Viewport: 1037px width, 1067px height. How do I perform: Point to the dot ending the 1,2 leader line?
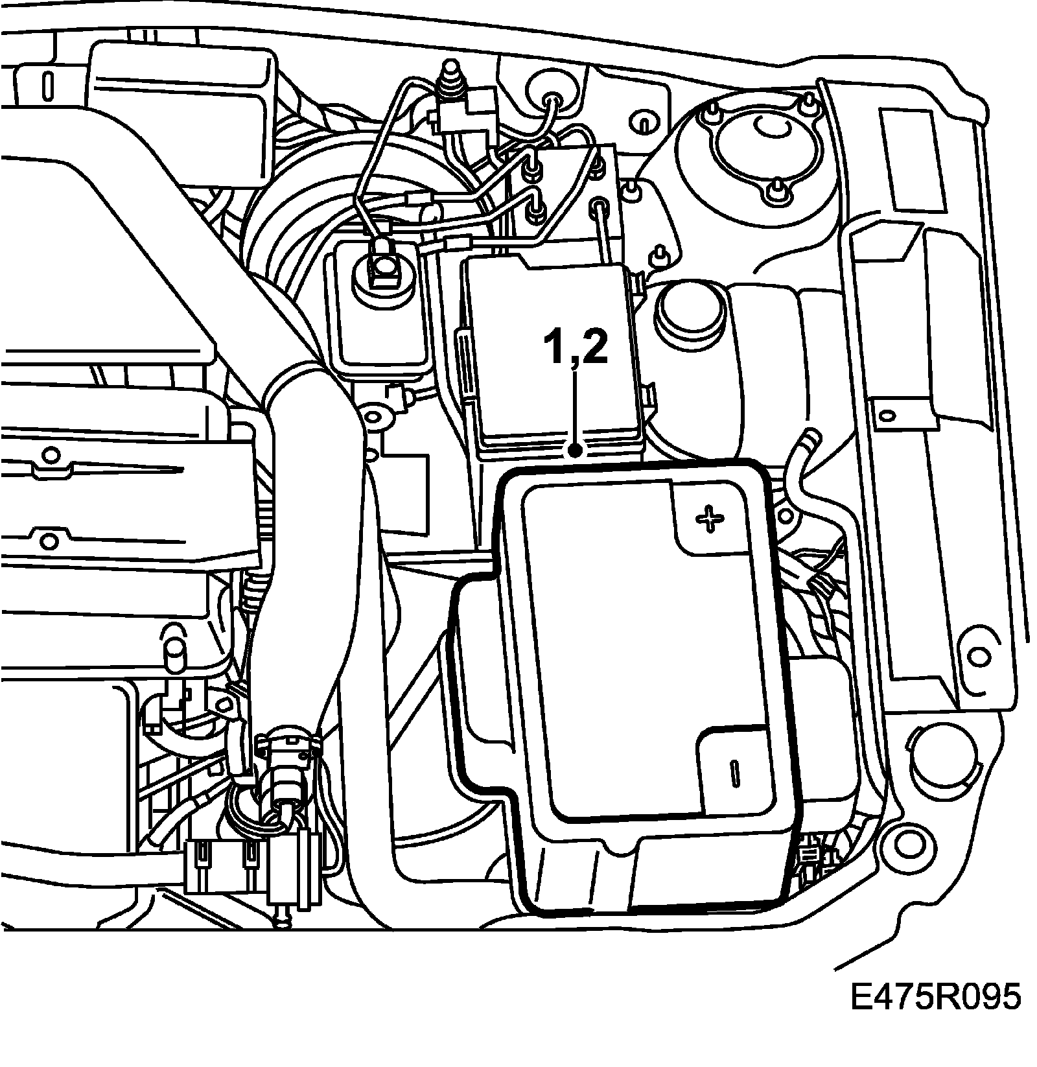[575, 449]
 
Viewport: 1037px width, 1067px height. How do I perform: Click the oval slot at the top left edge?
[49, 84]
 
